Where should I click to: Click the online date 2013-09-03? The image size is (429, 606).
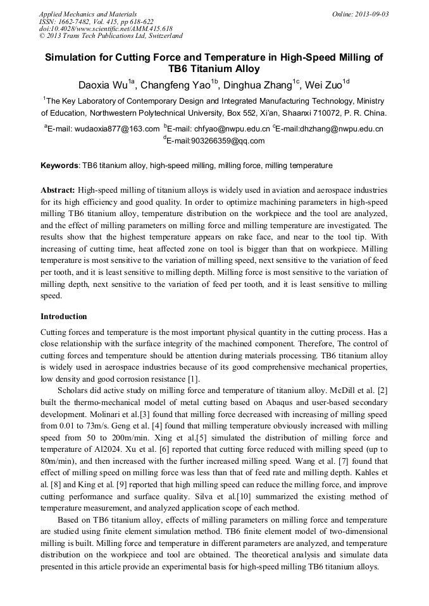[x=368, y=14]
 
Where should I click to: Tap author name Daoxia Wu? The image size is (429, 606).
[x=103, y=85]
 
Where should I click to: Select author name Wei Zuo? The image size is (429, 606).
[x=324, y=85]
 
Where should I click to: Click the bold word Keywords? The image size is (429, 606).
[x=60, y=166]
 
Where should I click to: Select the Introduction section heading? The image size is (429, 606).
[x=63, y=316]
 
